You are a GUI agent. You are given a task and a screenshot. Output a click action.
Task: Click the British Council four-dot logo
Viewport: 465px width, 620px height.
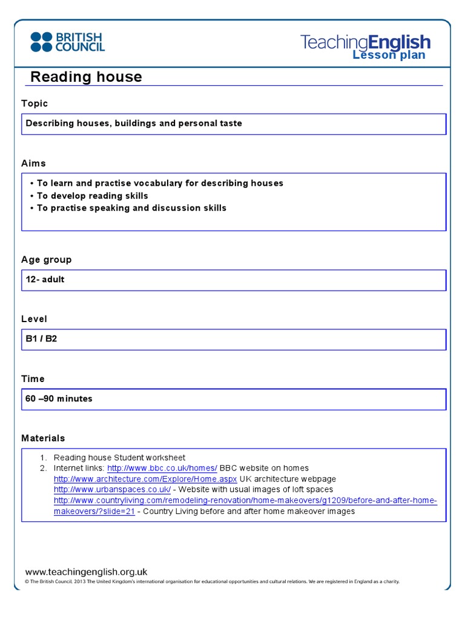coord(41,42)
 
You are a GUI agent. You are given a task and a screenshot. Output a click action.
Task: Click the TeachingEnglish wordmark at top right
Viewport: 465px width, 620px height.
coord(365,42)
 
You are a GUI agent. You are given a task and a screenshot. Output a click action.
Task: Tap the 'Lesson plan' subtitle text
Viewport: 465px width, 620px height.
coord(389,56)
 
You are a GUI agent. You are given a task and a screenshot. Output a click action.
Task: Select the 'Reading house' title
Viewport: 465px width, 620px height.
coord(86,77)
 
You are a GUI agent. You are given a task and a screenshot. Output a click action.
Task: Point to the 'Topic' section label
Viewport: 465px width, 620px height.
coord(35,104)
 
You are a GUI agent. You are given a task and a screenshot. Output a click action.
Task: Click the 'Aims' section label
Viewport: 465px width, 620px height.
coord(33,163)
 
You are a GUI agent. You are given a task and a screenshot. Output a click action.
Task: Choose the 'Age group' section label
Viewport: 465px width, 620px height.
coord(46,260)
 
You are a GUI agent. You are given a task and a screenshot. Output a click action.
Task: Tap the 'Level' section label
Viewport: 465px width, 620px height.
coord(34,319)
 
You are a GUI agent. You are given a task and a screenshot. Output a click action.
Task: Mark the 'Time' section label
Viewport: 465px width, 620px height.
coord(33,379)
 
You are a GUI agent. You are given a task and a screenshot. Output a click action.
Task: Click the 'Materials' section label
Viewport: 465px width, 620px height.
coord(43,438)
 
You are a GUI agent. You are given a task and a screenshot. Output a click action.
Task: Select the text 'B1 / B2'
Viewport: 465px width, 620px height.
coord(41,339)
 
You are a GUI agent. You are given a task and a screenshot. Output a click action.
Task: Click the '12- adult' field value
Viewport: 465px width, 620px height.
coord(45,280)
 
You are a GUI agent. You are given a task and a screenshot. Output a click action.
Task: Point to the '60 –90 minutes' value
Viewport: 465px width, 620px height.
coord(59,399)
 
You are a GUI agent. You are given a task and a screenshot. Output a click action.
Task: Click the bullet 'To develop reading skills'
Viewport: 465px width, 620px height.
coord(92,196)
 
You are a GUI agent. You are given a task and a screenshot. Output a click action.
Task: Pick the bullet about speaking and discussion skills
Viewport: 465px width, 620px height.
coord(131,208)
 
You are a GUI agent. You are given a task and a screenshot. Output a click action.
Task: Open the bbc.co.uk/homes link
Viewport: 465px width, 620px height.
coord(162,468)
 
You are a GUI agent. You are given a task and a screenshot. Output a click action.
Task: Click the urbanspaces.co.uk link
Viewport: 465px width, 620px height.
coord(112,489)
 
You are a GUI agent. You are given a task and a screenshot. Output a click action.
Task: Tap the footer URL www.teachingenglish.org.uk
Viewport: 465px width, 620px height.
coord(86,572)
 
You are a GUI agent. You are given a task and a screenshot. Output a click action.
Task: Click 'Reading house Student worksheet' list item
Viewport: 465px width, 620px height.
coord(119,458)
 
